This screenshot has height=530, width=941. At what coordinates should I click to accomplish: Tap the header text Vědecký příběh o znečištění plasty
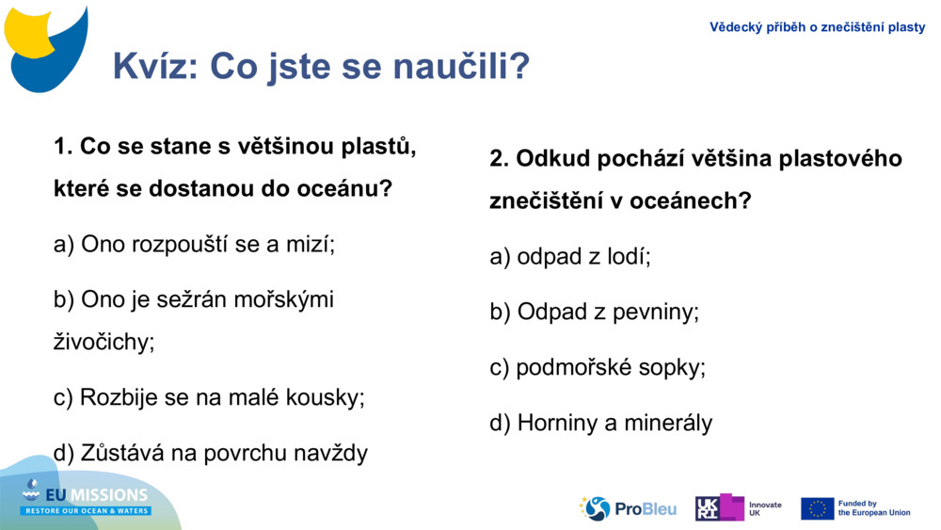pos(817,27)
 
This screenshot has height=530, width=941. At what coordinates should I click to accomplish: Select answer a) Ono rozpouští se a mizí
pos(195,244)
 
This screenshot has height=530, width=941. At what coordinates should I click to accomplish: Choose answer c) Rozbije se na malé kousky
pos(209,397)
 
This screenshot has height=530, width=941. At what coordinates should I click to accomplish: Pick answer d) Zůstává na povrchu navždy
pos(211,453)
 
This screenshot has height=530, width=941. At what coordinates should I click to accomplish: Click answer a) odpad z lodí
pos(570,256)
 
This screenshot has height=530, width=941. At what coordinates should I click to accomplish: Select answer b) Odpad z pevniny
pos(594,312)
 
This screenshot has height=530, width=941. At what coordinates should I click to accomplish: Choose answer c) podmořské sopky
pos(598,367)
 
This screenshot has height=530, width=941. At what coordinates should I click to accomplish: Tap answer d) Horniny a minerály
pos(600,423)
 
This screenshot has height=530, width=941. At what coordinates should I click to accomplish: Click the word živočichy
pos(104,342)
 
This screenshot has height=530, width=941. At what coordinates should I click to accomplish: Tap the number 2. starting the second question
pos(499,158)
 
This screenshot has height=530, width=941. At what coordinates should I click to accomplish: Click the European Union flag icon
pos(817,508)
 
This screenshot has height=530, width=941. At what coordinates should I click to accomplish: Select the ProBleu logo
pos(628,508)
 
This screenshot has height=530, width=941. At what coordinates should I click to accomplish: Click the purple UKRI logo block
pos(720,507)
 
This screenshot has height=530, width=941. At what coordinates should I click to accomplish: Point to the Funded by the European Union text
pos(873,508)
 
